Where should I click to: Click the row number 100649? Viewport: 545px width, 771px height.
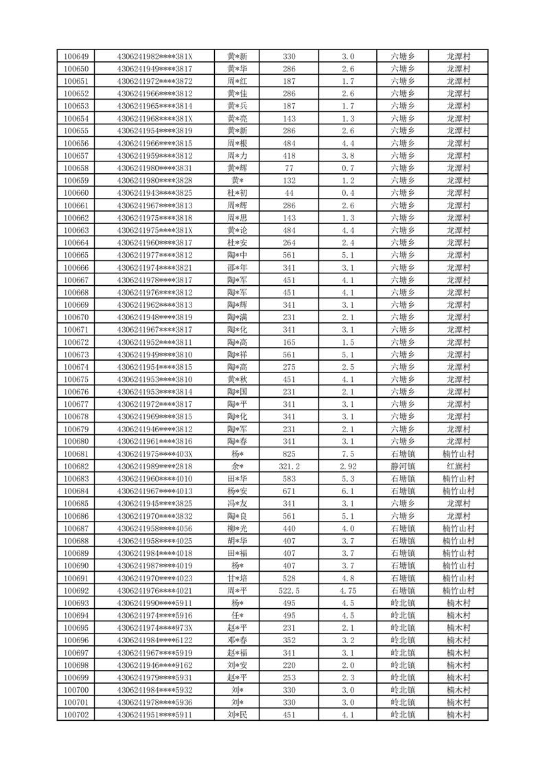coord(76,56)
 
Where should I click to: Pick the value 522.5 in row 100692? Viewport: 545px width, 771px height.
coord(289,591)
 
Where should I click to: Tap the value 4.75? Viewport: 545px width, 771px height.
coord(348,591)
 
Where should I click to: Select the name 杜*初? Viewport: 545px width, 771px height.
coord(237,193)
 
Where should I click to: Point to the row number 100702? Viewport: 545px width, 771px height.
coord(76,715)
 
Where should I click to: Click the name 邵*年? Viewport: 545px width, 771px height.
coord(237,267)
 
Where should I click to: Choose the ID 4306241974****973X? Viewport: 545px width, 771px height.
coord(155,628)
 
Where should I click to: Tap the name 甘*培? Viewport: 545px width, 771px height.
coord(237,579)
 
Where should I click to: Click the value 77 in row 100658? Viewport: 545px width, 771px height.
coord(289,168)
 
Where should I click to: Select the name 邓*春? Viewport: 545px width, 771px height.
coord(237,640)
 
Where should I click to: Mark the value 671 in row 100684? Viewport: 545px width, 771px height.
coord(289,491)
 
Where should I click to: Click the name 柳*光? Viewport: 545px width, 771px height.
coord(237,528)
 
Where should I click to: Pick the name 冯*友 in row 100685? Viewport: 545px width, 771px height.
coord(237,504)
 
